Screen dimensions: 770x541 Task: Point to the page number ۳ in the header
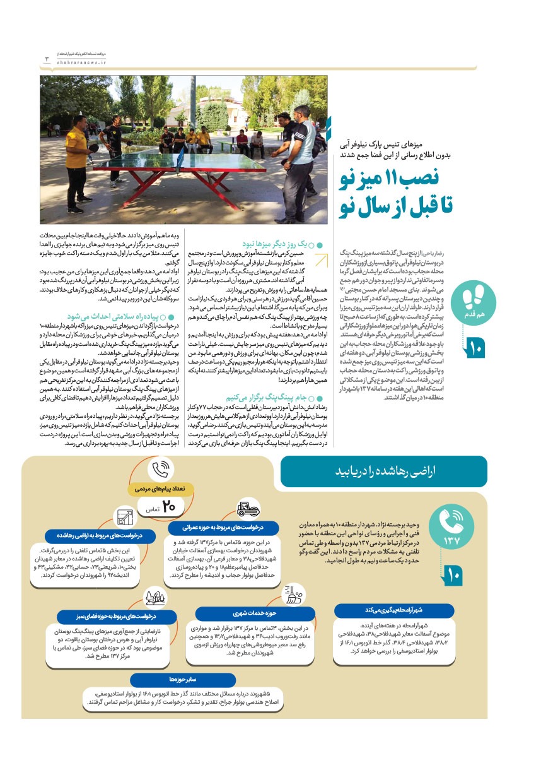(47, 59)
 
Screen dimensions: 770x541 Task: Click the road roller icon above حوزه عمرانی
(248, 508)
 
